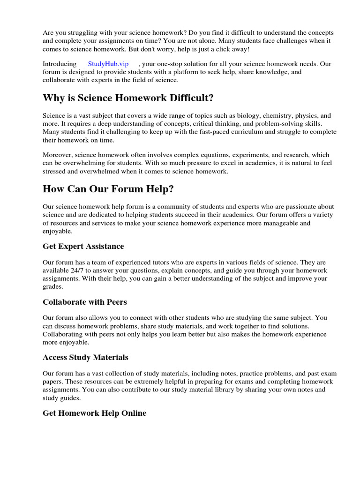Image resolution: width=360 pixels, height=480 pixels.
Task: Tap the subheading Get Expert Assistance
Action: (x=83, y=246)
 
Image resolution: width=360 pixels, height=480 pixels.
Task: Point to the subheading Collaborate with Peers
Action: (x=84, y=302)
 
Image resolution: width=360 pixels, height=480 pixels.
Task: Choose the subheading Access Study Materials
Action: (x=85, y=357)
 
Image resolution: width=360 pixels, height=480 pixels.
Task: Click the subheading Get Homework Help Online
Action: (x=94, y=413)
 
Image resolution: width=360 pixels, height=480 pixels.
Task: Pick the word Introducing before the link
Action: (x=60, y=64)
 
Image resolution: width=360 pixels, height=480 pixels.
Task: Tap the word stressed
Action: (x=54, y=172)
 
